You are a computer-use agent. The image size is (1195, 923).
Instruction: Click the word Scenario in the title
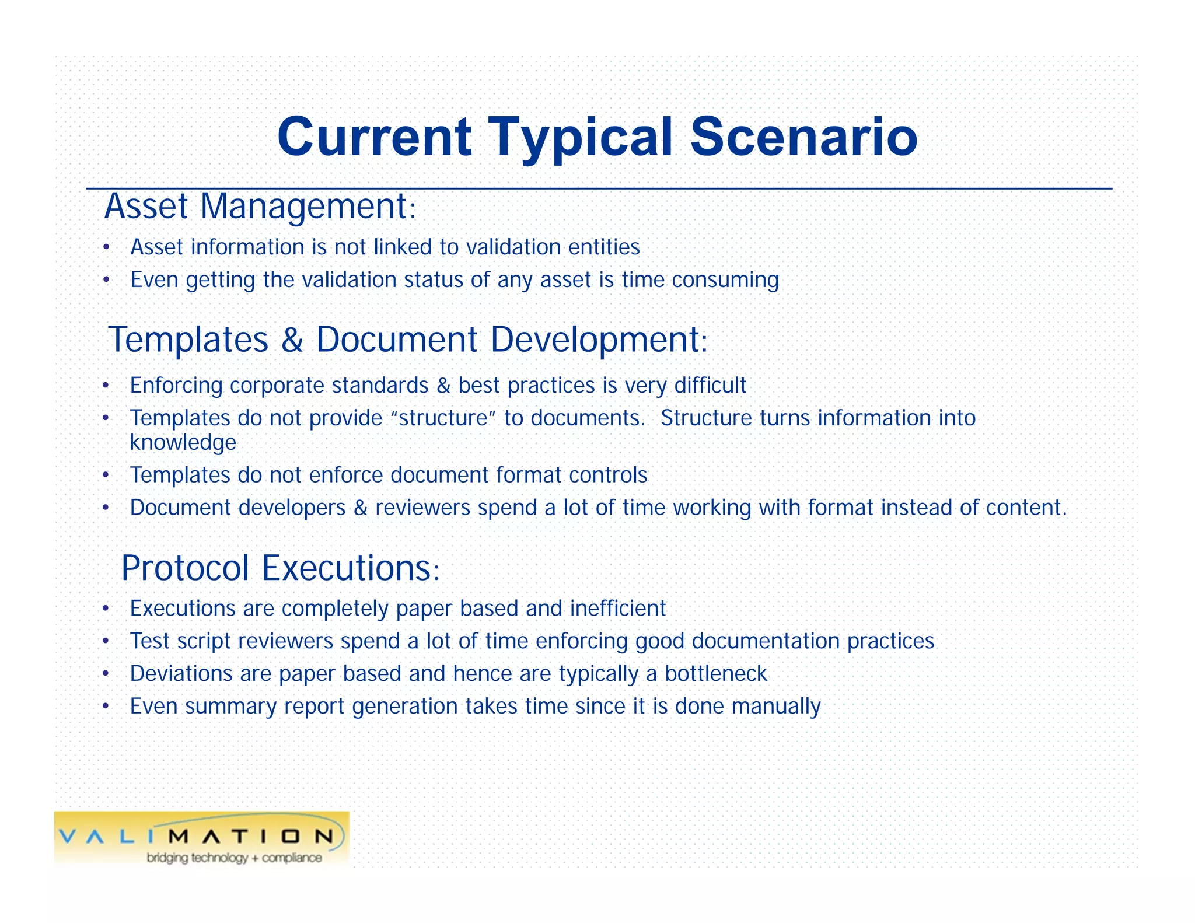(x=803, y=137)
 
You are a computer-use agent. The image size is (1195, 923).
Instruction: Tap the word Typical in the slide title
(x=580, y=137)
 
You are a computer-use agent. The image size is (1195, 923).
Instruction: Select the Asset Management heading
(x=260, y=207)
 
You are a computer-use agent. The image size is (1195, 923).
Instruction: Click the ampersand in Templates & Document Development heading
(x=292, y=340)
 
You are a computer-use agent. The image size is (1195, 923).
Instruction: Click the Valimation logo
(x=201, y=838)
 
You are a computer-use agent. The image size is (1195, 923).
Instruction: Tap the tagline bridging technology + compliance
(x=234, y=858)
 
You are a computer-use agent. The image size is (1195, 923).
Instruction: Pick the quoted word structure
(x=443, y=418)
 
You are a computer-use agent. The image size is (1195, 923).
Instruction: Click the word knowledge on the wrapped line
(x=183, y=443)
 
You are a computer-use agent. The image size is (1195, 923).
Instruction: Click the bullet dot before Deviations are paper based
(x=106, y=674)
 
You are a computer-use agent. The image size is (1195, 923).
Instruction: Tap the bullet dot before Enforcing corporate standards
(x=106, y=386)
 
